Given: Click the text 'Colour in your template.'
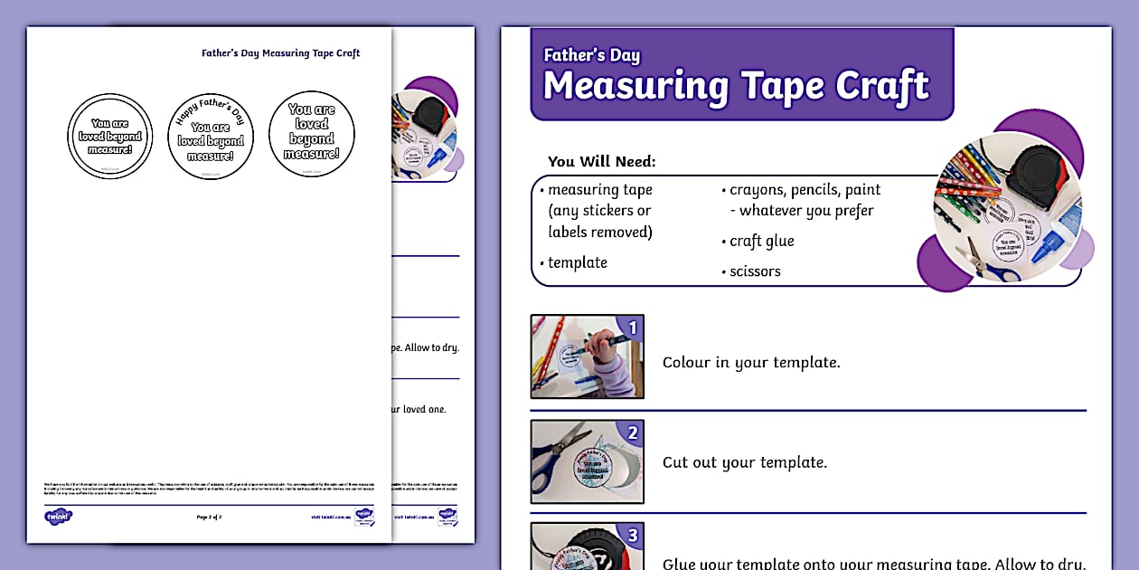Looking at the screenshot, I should (x=751, y=362).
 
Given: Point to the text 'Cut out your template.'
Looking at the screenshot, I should (x=744, y=462).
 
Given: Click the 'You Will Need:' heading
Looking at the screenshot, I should (x=601, y=162).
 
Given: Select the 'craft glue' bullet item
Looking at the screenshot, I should (x=762, y=242).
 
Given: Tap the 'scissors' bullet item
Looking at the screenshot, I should (x=755, y=271).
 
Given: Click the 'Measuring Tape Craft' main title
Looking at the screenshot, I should (x=736, y=87).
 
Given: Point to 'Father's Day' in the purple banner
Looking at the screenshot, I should (x=591, y=55).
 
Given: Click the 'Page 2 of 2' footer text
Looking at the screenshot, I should (x=209, y=517).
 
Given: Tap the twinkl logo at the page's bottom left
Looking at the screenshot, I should (x=58, y=517).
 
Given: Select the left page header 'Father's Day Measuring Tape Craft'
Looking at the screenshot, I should (x=280, y=53).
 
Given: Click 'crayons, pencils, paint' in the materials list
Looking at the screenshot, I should (x=805, y=190).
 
